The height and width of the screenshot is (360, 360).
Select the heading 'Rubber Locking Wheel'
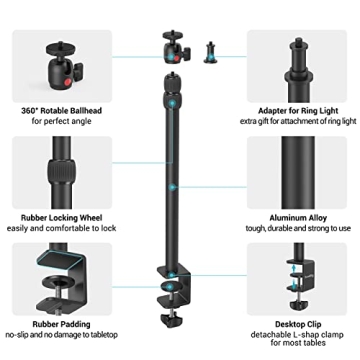click(57, 215)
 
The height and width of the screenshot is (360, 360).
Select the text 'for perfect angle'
click(57, 120)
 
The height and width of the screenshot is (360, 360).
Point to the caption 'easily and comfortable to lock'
click(57, 227)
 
